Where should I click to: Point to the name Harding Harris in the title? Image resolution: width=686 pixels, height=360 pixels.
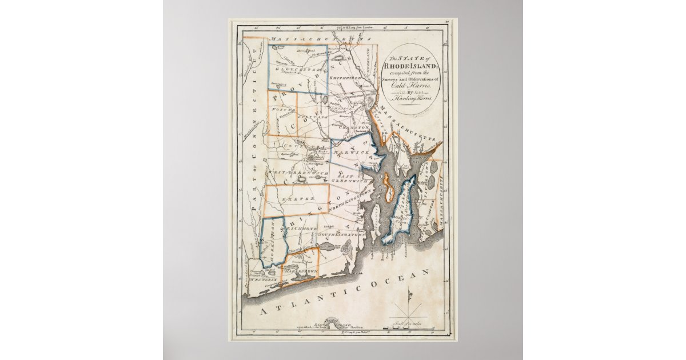(413, 100)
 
